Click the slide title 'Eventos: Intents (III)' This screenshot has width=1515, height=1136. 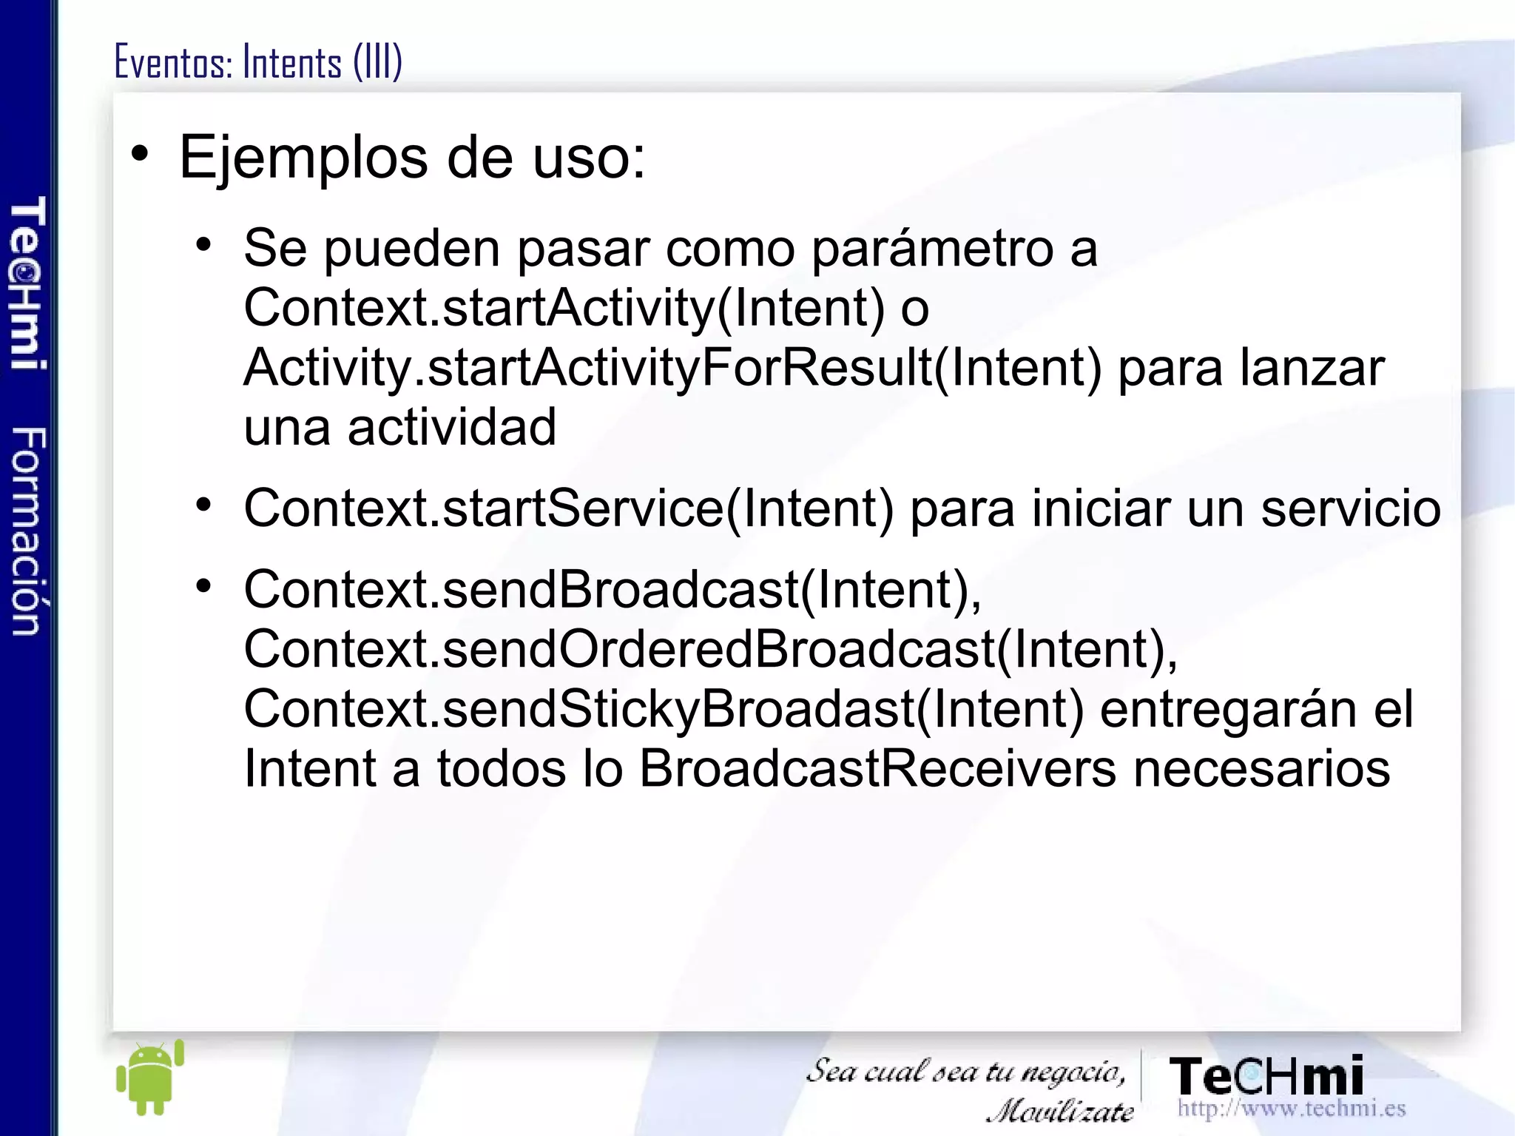258,62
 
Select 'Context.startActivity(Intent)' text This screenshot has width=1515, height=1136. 564,308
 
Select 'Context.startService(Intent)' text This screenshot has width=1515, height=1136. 569,508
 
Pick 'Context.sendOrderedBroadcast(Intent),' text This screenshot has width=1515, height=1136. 710,649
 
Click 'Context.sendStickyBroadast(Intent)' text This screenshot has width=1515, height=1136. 664,709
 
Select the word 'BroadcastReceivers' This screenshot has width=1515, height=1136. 877,769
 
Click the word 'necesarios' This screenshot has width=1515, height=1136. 1261,769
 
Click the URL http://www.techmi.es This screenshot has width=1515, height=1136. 1291,1109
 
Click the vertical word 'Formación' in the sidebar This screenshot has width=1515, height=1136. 28,531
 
